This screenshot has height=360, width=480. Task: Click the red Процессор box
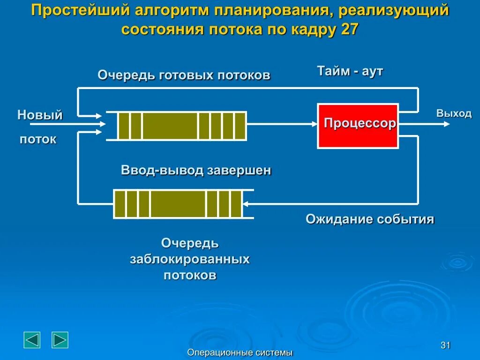[x=358, y=126]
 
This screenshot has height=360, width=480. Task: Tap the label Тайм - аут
[x=350, y=71]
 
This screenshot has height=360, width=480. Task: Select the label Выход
[x=454, y=113]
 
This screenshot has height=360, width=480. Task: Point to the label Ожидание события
[x=370, y=219]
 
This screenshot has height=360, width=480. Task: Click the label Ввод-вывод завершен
[x=196, y=170]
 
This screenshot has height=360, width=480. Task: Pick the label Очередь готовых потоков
[x=184, y=75]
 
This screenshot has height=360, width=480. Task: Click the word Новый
[x=40, y=115]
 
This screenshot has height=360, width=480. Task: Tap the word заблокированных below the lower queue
[x=189, y=259]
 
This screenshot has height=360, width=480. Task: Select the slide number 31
[x=445, y=345]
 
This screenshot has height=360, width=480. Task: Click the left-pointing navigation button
[x=32, y=340]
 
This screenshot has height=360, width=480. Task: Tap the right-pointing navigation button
[x=60, y=340]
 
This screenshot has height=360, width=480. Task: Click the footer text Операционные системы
[x=240, y=352]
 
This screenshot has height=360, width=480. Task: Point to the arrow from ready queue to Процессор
[x=282, y=124]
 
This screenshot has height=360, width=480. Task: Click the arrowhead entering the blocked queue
[x=247, y=204]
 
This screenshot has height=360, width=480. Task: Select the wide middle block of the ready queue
[x=170, y=126]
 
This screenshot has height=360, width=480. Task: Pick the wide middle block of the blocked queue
[x=178, y=204]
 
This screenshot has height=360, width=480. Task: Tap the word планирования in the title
[x=271, y=11]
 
